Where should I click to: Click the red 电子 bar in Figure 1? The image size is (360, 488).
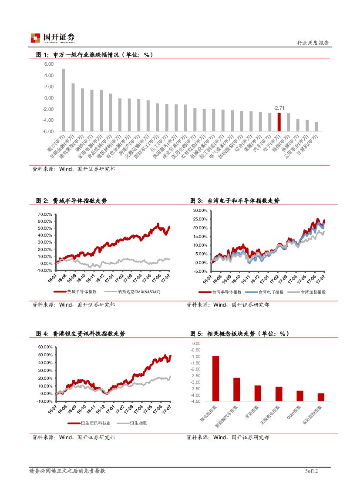pos(279,122)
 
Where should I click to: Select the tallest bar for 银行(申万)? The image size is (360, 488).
pos(64,100)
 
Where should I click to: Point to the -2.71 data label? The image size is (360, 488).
pos(279,107)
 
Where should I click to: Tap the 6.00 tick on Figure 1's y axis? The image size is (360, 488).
pos(48,64)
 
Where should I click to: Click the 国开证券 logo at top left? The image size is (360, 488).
pos(53,38)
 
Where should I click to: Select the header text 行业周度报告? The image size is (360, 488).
pos(313,43)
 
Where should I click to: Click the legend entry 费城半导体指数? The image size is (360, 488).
pos(82,292)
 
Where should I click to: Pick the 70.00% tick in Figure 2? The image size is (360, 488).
pos(45,214)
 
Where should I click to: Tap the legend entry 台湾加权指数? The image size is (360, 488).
pos(313,292)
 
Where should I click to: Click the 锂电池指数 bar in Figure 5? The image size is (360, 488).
pos(215,378)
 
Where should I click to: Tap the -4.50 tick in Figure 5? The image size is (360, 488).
pos(195,401)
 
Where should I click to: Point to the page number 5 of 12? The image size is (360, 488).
pos(312,471)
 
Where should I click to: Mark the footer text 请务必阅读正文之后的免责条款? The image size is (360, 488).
pos(67,471)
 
